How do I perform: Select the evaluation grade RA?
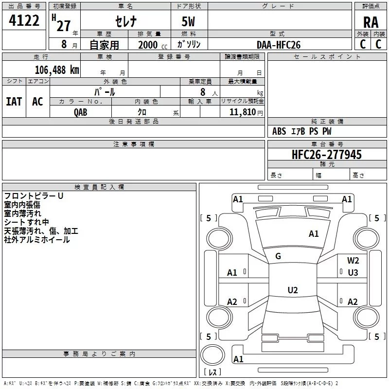click(371, 22)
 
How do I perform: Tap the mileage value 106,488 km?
click(57, 70)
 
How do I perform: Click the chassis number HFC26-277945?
click(326, 155)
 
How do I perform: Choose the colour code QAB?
click(81, 112)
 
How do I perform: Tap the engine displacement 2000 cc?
click(151, 45)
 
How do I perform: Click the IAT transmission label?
click(14, 101)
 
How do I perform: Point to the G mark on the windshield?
click(278, 256)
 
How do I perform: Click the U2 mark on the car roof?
click(292, 290)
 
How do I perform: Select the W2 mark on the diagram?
click(353, 261)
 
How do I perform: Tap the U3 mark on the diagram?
click(353, 272)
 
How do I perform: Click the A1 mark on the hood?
click(314, 234)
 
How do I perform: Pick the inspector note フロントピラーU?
click(34, 196)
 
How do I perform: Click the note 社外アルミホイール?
click(37, 240)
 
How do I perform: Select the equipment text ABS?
click(279, 131)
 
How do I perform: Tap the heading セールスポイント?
click(327, 57)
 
